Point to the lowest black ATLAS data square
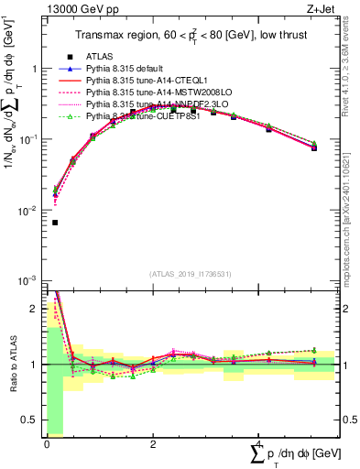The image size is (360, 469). (x=56, y=222)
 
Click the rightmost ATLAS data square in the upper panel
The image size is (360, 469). (x=313, y=147)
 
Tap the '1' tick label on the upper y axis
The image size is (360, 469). (x=34, y=69)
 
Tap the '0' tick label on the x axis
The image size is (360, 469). (x=46, y=443)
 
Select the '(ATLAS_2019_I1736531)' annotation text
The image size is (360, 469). (x=191, y=274)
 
